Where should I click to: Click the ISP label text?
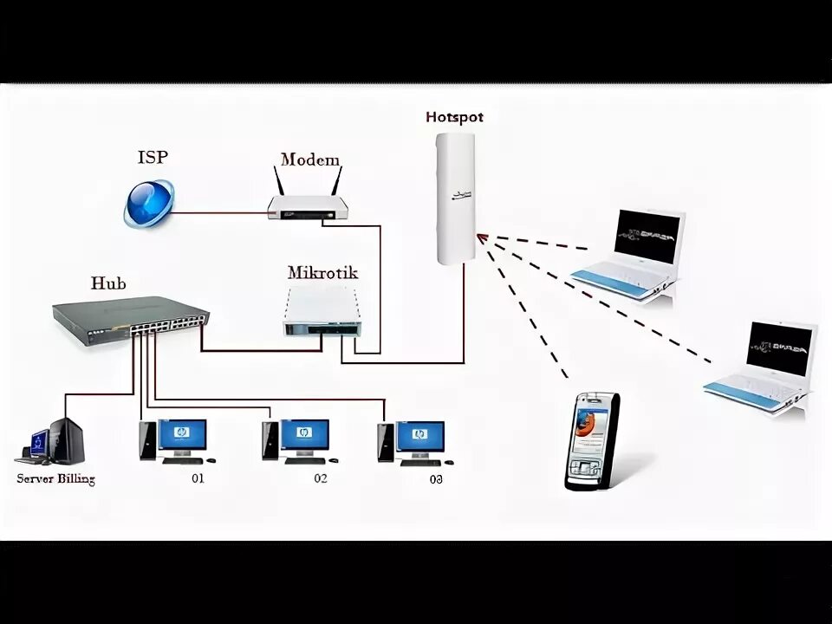(x=153, y=157)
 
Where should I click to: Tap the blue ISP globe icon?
(x=148, y=204)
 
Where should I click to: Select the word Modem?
(x=309, y=159)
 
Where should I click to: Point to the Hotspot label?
(x=454, y=117)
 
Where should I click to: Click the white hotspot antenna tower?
(x=454, y=199)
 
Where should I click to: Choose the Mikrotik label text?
(x=322, y=272)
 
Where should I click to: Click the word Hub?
(x=108, y=283)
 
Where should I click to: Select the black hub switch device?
(x=130, y=320)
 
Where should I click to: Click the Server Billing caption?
(x=55, y=478)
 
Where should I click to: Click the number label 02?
(x=321, y=478)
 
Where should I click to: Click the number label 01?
(x=198, y=478)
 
